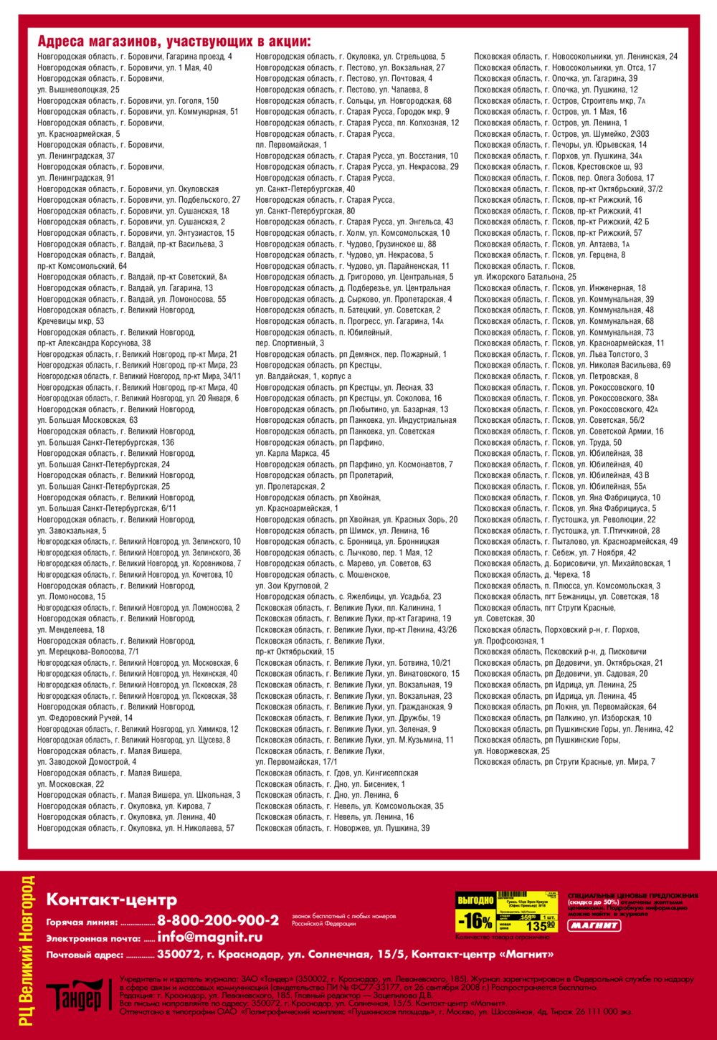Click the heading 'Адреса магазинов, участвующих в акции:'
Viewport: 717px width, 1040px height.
point(174,42)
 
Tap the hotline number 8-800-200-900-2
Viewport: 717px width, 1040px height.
point(218,920)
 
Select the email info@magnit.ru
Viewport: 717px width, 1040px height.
point(209,938)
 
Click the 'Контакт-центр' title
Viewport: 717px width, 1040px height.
point(111,900)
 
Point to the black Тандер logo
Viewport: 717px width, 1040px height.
point(75,996)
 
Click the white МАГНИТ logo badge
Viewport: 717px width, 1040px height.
point(594,925)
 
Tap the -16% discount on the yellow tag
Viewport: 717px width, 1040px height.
point(475,920)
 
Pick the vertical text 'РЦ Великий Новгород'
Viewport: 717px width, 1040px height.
point(27,950)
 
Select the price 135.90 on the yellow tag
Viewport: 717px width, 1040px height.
point(541,925)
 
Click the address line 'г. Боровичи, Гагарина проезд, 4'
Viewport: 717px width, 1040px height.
point(135,57)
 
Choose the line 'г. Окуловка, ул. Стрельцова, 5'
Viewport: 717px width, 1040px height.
point(350,57)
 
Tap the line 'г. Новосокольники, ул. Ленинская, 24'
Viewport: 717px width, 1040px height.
point(575,57)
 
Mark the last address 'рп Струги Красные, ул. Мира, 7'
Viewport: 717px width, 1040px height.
point(564,762)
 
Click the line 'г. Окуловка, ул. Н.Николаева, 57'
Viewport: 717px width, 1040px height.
point(136,828)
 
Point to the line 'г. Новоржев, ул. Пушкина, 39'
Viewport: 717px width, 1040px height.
point(343,828)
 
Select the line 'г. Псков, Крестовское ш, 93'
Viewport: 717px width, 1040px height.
point(558,167)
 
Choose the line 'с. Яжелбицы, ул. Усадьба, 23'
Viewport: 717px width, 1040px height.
point(348,596)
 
